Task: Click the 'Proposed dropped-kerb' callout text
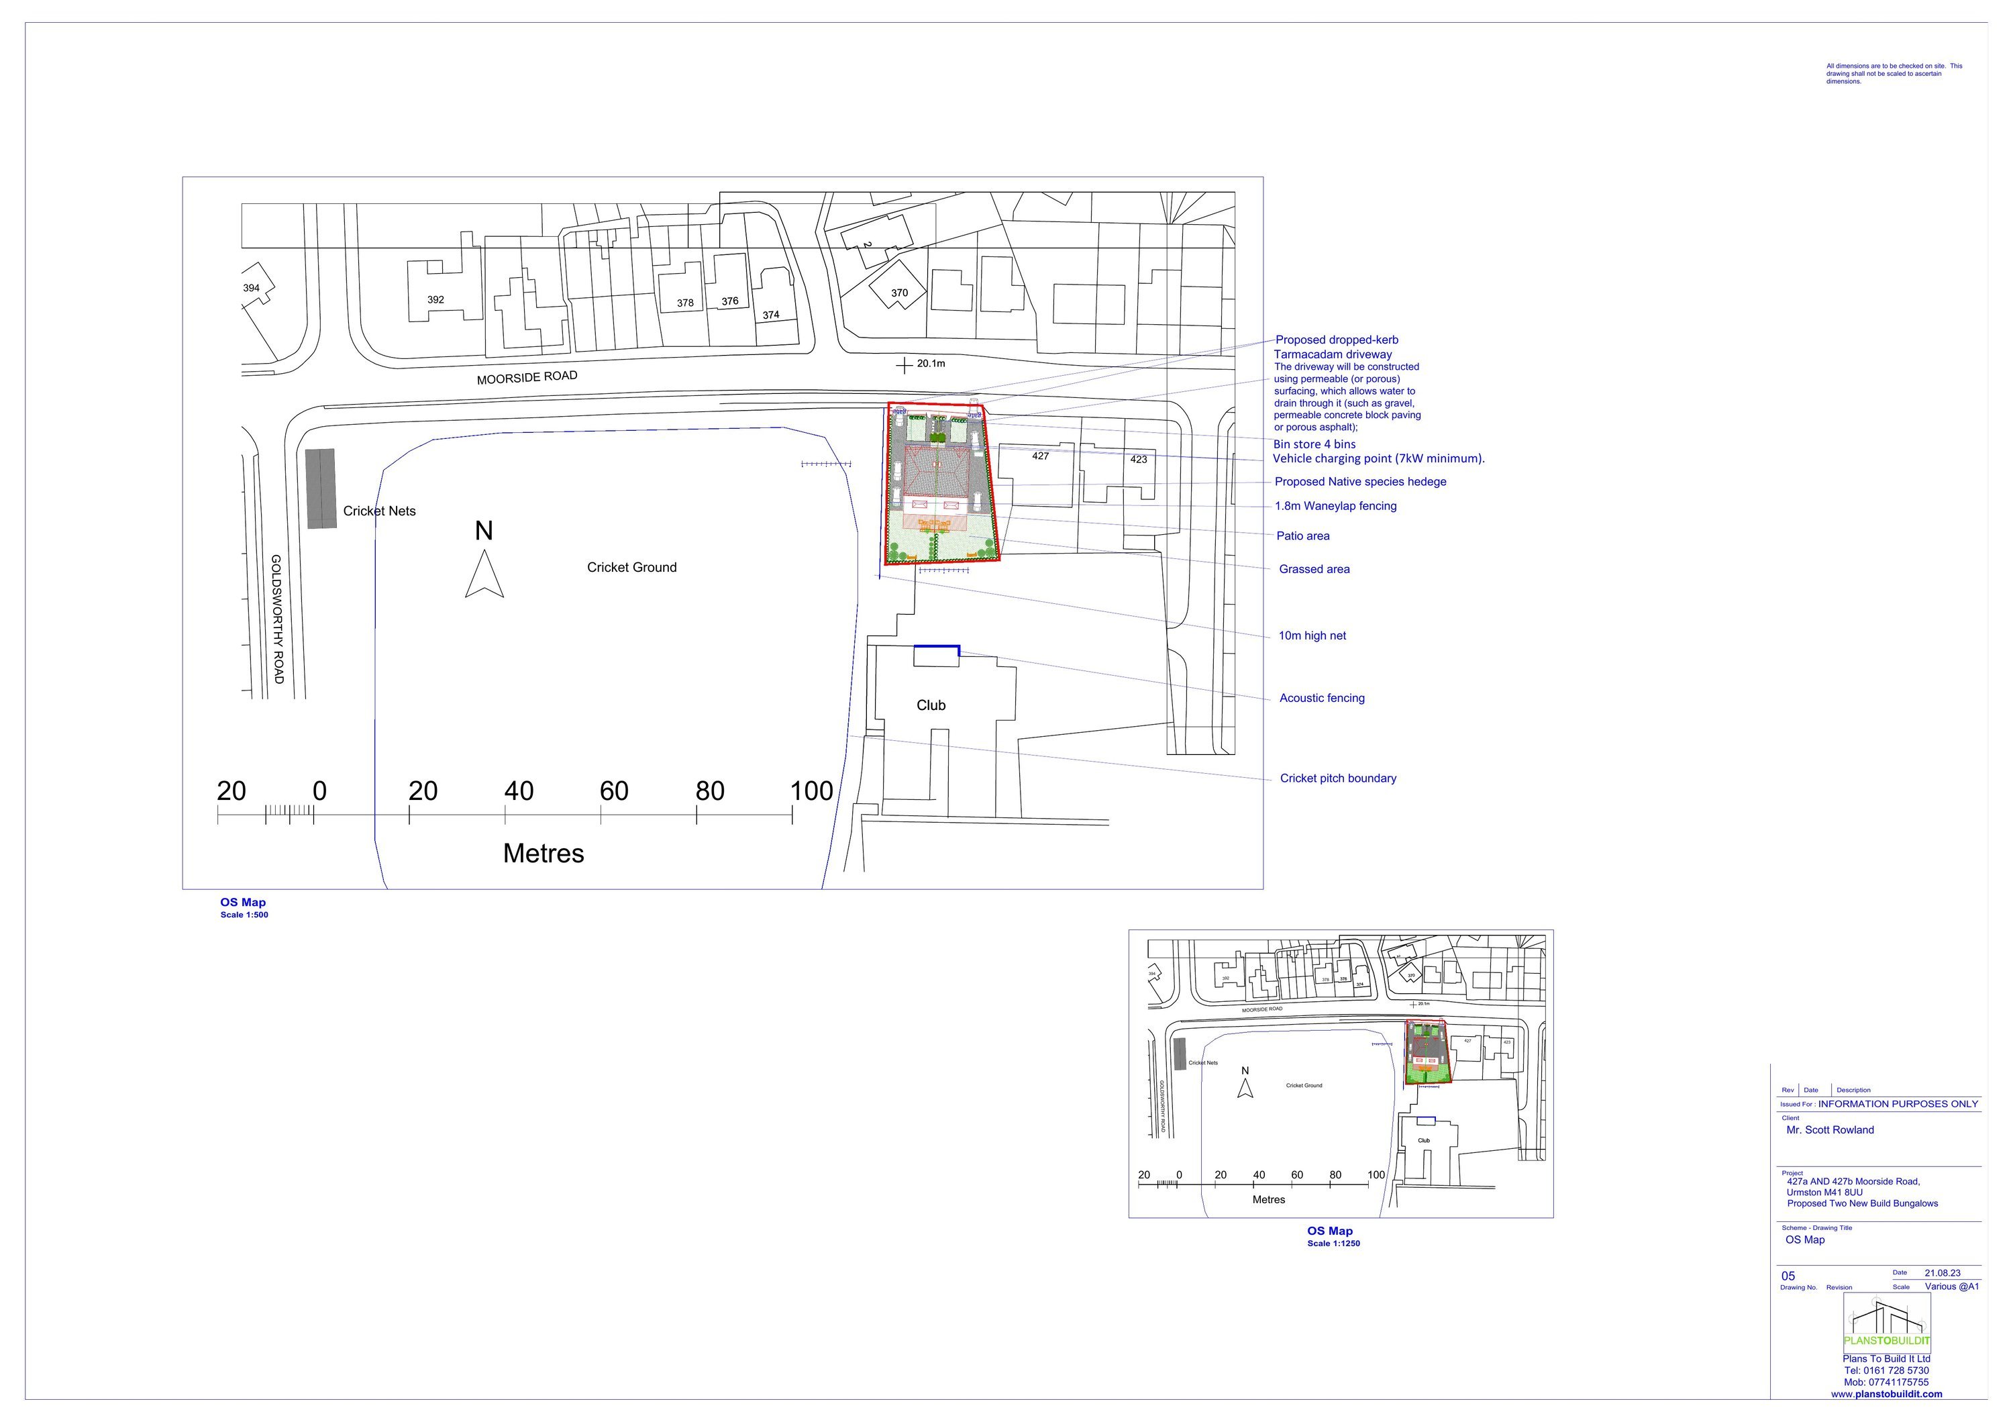1336,340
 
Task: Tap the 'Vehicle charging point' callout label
1378,458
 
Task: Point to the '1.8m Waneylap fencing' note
1335,506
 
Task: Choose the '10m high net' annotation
1312,636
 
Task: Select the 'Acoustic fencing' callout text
1321,698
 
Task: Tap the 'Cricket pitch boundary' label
1337,778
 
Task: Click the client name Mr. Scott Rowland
1830,1130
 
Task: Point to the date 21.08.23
1942,1273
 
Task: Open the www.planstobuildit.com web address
1886,1394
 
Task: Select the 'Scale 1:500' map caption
244,915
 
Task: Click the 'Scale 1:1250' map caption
1333,1243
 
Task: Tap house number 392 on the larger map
435,300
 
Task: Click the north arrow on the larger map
484,574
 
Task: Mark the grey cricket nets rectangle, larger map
321,489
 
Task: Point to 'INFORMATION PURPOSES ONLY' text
1898,1104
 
